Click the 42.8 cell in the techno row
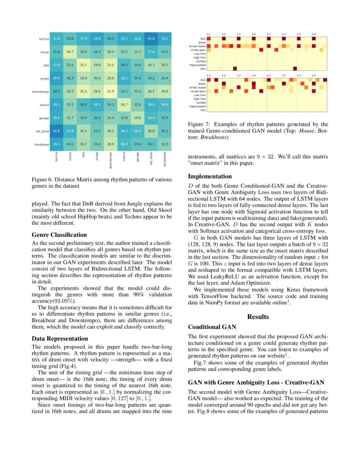[x=151, y=39]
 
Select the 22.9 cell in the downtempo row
[x=111, y=92]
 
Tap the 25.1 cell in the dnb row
[x=83, y=65]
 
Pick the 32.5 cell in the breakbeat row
[x=165, y=144]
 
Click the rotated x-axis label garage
[x=138, y=158]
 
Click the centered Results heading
[x=258, y=316]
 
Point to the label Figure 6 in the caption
[x=43, y=180]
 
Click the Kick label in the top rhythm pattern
[x=202, y=38]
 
